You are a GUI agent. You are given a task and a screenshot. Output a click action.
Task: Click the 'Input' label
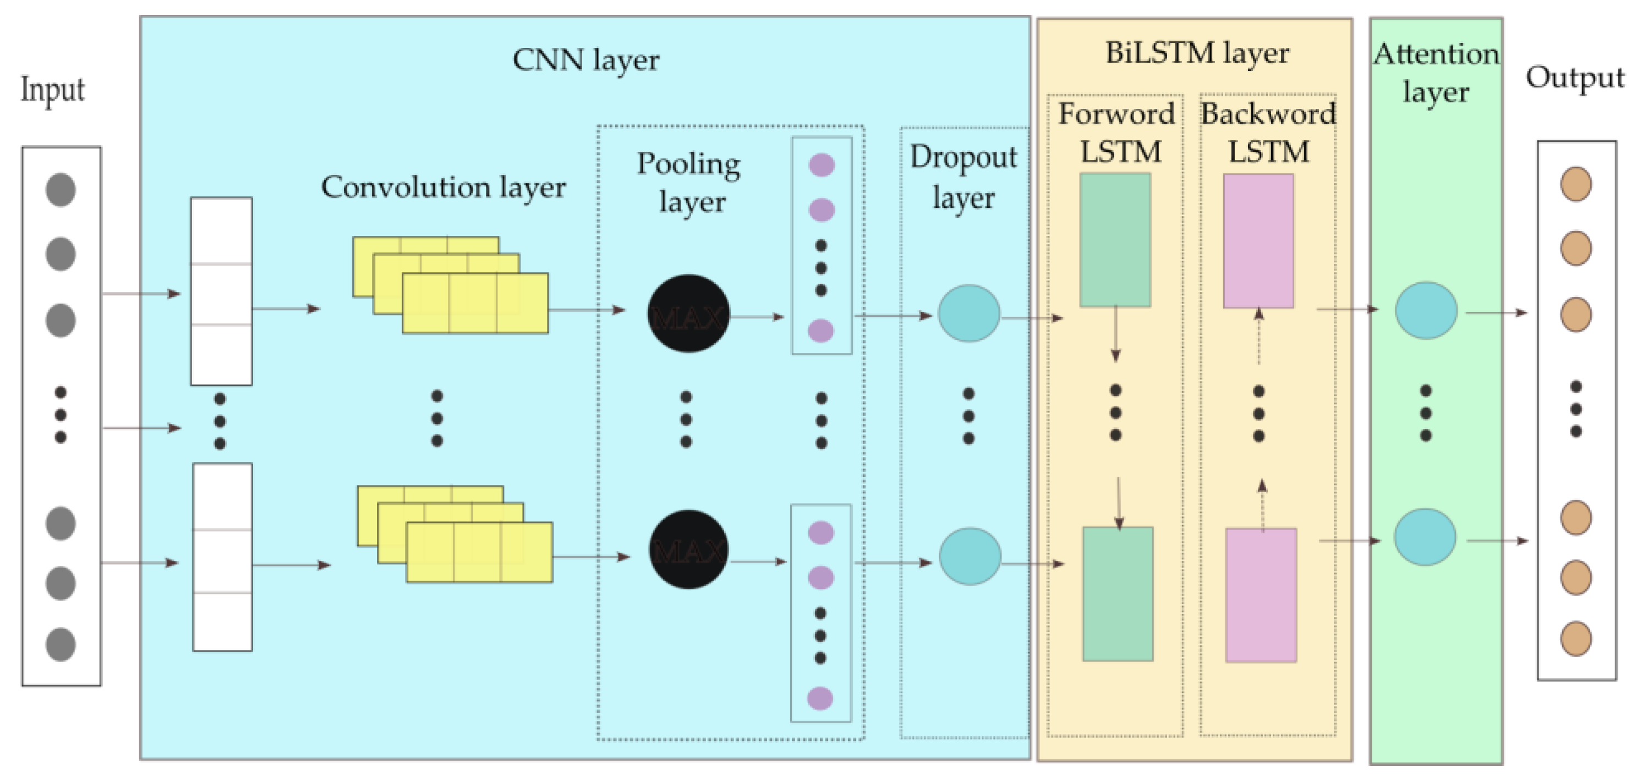click(x=52, y=90)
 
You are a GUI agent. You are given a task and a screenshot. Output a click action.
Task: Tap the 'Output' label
click(x=1575, y=78)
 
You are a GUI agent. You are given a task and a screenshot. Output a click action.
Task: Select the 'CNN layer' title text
click(x=585, y=60)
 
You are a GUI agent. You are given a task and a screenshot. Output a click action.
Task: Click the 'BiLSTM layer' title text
click(x=1197, y=53)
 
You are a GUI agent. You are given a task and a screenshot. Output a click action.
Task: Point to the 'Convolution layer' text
click(x=443, y=188)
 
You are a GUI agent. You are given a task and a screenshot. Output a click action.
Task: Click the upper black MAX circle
click(x=688, y=313)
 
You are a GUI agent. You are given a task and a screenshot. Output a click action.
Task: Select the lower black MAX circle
click(x=688, y=549)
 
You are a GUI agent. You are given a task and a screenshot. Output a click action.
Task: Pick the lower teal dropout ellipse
click(x=970, y=556)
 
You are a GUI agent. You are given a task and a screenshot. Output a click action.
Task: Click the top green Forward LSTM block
click(x=1115, y=240)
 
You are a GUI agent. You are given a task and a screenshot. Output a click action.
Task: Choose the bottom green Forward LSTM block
click(x=1118, y=594)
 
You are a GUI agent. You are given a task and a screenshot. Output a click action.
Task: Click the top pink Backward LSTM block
click(x=1258, y=241)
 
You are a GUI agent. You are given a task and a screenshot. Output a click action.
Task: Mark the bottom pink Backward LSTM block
click(x=1261, y=595)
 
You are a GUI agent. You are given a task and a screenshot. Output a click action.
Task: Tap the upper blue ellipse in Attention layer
click(x=1426, y=311)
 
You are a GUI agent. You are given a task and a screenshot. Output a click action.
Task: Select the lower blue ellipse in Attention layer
click(x=1425, y=537)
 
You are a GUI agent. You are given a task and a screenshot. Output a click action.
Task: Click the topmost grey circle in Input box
click(x=61, y=190)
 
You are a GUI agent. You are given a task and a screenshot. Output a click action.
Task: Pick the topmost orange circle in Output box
click(x=1576, y=184)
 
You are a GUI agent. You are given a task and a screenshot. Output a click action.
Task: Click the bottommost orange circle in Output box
click(x=1576, y=638)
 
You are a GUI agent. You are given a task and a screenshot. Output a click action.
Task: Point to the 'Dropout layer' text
click(x=963, y=177)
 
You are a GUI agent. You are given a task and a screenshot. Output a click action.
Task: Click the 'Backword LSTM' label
click(x=1268, y=132)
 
